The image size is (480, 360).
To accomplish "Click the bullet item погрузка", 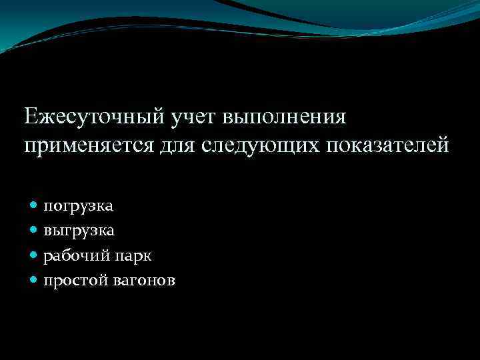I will pos(79,207).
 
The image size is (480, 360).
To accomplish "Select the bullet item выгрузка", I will pos(79,231).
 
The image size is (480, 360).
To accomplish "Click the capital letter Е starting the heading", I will pos(31,117).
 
